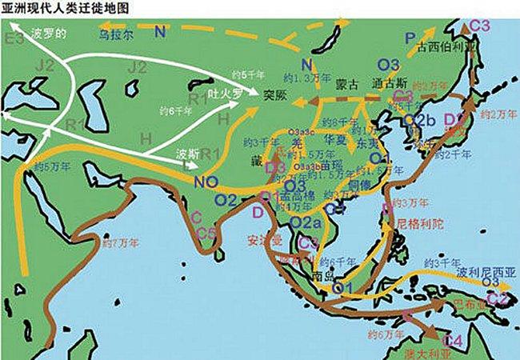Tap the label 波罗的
(x=49, y=34)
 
